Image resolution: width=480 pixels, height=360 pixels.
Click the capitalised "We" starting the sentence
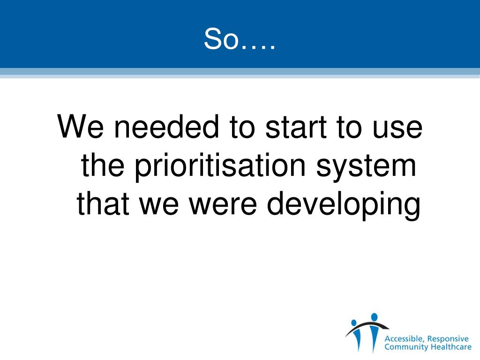pos(79,127)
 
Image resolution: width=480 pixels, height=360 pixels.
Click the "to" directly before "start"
pos(246,127)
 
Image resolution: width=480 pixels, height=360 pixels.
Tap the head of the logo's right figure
pos(374,317)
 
